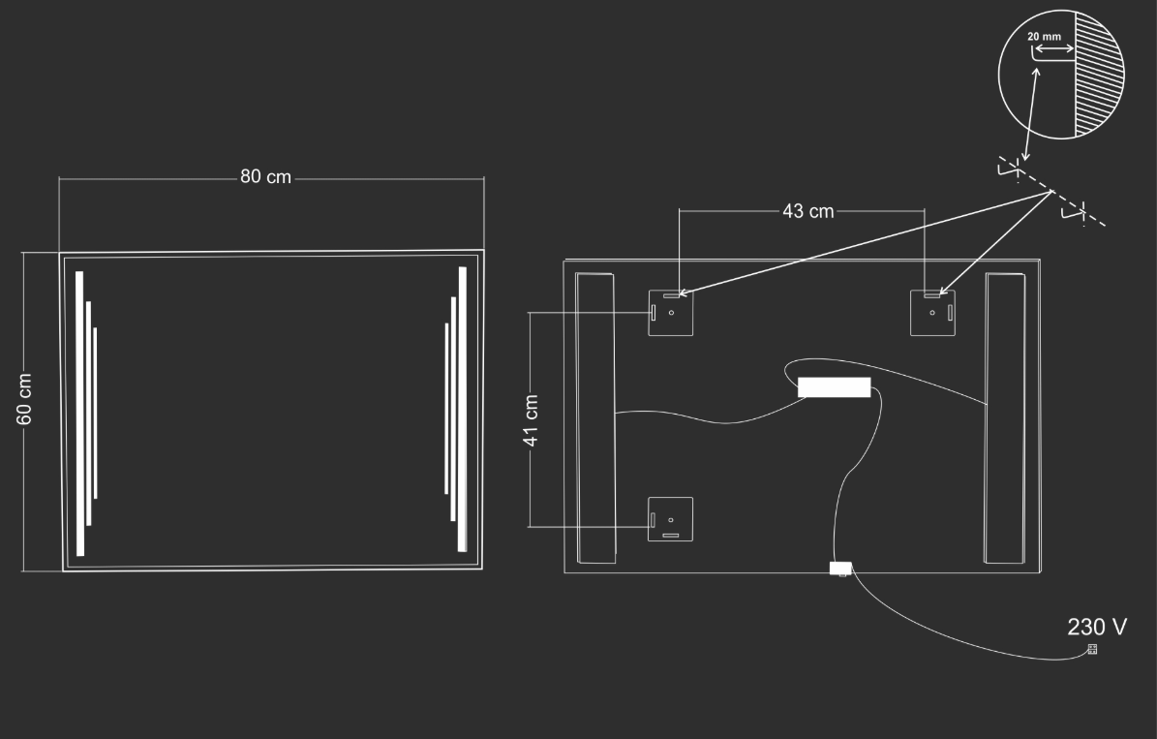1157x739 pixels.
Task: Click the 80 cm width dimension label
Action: tap(265, 177)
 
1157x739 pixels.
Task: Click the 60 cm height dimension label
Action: tap(24, 399)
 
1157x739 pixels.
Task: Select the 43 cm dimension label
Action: tap(808, 211)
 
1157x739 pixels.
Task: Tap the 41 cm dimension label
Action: tap(531, 420)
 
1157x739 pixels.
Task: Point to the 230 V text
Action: tap(1097, 627)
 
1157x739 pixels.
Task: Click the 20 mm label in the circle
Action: tap(1044, 36)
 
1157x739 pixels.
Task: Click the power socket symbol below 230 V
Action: tap(1092, 649)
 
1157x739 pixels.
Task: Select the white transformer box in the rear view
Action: tap(834, 386)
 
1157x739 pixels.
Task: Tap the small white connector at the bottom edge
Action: tap(840, 569)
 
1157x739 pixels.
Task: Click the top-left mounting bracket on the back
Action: tap(671, 313)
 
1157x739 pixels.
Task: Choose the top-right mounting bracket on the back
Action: tap(932, 313)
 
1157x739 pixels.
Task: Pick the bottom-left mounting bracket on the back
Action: tap(671, 519)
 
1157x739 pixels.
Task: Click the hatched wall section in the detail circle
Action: tap(1098, 74)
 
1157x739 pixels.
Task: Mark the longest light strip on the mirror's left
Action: tap(79, 414)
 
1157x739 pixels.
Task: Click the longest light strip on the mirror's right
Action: tap(463, 409)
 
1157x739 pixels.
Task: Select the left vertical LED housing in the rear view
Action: tap(595, 417)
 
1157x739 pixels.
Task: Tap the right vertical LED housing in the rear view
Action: tap(1005, 417)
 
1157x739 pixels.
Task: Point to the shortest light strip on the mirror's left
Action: tap(95, 413)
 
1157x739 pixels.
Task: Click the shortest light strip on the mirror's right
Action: tap(446, 409)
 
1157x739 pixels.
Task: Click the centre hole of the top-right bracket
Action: tap(932, 313)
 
